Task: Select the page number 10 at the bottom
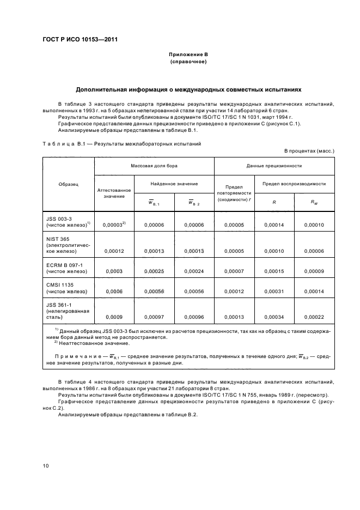tap(46, 466)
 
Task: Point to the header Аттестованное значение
tap(114, 193)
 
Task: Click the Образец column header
tap(68, 184)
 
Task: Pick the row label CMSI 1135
tap(59, 285)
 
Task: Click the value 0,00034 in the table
tap(274, 317)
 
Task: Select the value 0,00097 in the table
tap(154, 317)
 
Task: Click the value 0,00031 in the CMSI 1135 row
tap(274, 292)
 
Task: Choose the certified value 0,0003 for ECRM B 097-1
tap(114, 271)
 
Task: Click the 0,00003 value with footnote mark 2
tap(113, 224)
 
